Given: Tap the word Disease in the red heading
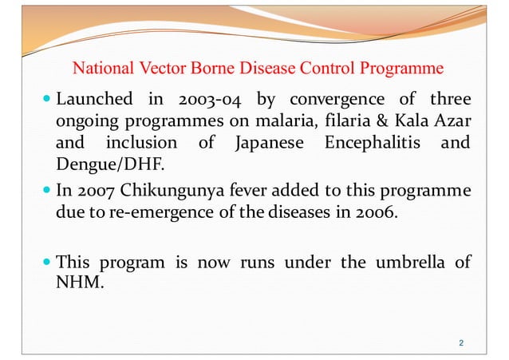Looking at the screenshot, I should (254, 68).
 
